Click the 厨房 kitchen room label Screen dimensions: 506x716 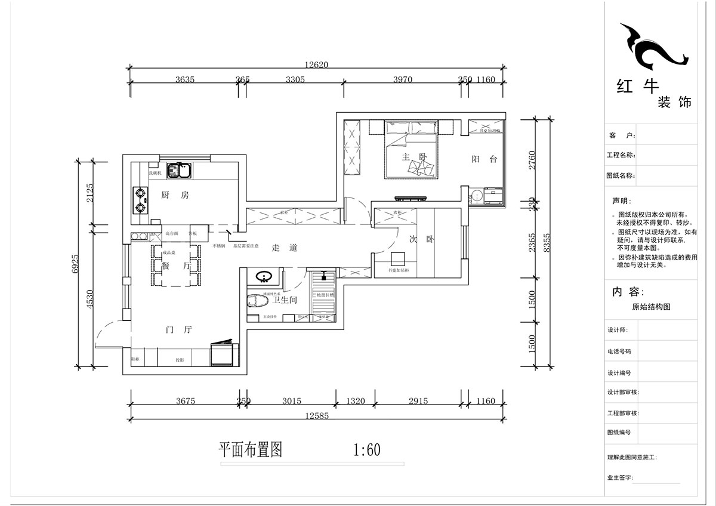(x=175, y=195)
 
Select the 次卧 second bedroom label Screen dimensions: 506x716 (x=421, y=240)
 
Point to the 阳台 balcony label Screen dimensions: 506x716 (x=484, y=159)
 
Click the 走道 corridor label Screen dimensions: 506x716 (x=284, y=248)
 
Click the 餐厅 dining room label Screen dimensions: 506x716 (x=175, y=267)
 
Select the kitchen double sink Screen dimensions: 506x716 (x=178, y=171)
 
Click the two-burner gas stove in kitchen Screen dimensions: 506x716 (x=140, y=200)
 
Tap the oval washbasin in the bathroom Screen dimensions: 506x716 (x=264, y=276)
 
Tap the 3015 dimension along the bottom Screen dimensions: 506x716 (x=292, y=401)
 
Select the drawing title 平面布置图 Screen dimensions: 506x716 (x=250, y=449)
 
